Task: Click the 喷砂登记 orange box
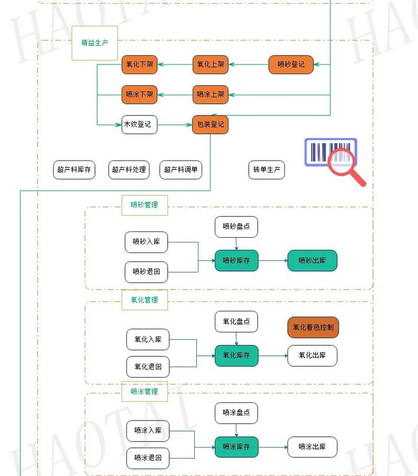pos(291,65)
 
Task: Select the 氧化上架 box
pos(211,65)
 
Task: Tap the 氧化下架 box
pos(140,65)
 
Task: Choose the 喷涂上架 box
pos(211,95)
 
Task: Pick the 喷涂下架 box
pos(140,95)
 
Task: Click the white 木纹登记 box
pos(140,124)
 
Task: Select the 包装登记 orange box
pos(211,124)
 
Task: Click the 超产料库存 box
pos(74,170)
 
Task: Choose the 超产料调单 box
pos(181,170)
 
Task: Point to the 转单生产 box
pos(266,170)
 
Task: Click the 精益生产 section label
pos(95,43)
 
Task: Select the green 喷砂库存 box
pos(237,260)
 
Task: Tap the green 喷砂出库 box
pos(312,260)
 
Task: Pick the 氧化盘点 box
pos(236,321)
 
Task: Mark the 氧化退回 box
pos(148,367)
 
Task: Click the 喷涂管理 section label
pos(144,391)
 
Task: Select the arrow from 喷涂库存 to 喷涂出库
pos(273,447)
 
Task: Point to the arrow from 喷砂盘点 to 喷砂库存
pos(237,243)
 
